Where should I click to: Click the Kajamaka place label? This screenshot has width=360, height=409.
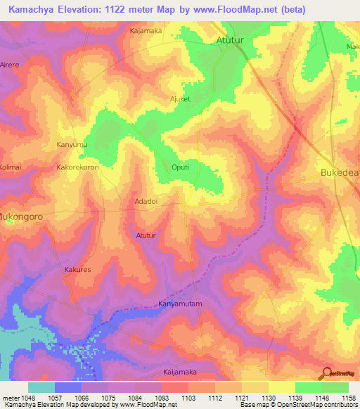pyautogui.click(x=146, y=31)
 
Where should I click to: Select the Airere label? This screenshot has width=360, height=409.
pyautogui.click(x=10, y=63)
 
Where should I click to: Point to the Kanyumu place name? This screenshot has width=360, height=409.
pyautogui.click(x=71, y=145)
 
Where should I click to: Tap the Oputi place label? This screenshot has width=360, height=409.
pyautogui.click(x=181, y=167)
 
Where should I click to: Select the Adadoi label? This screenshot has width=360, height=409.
pyautogui.click(x=146, y=201)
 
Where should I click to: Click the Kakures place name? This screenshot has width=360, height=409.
pyautogui.click(x=77, y=269)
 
